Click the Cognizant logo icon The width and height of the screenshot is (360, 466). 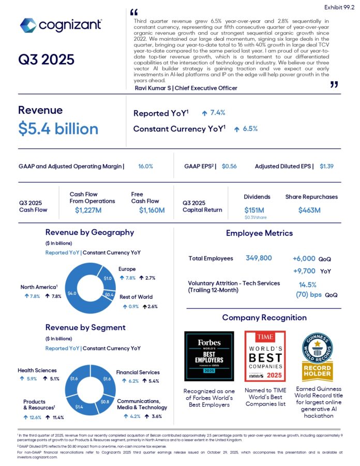click(28, 25)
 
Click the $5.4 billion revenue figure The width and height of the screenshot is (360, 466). click(58, 129)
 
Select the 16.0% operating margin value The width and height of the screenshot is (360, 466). click(145, 167)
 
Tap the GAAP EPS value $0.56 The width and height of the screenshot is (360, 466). click(229, 167)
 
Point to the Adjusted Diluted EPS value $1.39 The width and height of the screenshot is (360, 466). click(326, 167)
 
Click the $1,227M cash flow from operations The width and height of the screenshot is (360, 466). click(89, 210)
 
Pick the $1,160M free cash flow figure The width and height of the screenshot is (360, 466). click(152, 210)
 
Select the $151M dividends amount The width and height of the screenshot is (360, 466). click(254, 210)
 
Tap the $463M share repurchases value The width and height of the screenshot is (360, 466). click(309, 210)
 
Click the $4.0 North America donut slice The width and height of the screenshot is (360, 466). click(71, 293)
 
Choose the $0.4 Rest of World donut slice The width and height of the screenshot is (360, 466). click(109, 294)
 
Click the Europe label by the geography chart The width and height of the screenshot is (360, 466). click(127, 269)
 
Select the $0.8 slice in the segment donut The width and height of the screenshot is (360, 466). click(105, 401)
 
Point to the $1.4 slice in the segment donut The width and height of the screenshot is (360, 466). click(79, 407)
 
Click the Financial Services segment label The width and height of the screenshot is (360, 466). click(138, 372)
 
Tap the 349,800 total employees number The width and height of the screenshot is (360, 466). click(259, 258)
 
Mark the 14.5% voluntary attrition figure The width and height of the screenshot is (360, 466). click(308, 284)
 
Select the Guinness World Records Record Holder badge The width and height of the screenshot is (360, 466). click(317, 355)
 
